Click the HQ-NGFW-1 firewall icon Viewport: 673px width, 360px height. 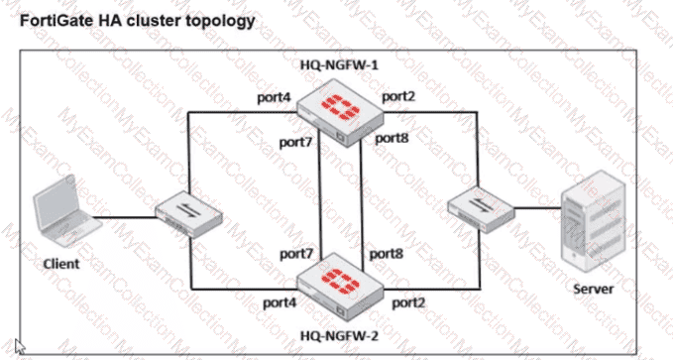coord(340,113)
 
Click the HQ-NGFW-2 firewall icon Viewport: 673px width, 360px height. coord(340,287)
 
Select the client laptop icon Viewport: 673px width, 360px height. coord(65,210)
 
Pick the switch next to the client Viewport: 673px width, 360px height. coord(188,214)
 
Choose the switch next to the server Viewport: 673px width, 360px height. coord(481,209)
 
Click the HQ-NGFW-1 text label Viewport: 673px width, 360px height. coord(339,65)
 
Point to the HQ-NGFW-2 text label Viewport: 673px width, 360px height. coord(339,335)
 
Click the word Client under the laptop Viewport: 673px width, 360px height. coord(61,264)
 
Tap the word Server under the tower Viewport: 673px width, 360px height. coord(594,289)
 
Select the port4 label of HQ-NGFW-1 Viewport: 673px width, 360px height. coord(275,98)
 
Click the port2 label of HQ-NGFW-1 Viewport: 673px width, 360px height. coord(398,96)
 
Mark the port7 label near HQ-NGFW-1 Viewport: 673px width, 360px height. coord(295,142)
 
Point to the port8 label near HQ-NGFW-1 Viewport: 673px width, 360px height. coord(392,138)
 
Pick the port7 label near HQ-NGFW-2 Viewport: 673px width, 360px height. coord(296,254)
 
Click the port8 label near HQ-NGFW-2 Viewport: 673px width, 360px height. coord(387,254)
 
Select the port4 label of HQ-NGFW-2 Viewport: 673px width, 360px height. coord(280,302)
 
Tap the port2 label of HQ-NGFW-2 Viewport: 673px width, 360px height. coord(408,303)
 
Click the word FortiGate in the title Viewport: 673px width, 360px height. coord(56,20)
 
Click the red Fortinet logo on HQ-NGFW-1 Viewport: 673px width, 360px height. coord(340,107)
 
